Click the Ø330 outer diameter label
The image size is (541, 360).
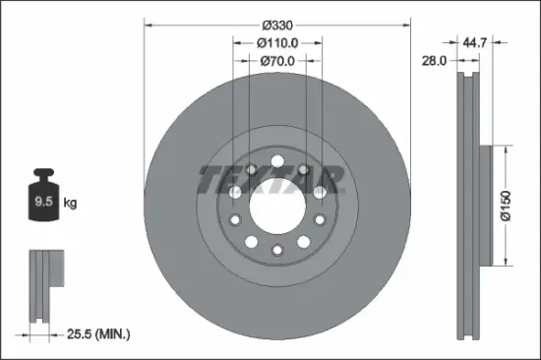coord(276,23)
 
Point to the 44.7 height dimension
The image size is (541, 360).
coord(476,43)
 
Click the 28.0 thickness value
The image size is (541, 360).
coord(436,61)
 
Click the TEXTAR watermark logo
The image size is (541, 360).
coord(271,180)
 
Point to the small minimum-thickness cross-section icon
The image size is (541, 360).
coord(44,285)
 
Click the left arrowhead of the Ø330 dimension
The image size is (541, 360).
coord(148,23)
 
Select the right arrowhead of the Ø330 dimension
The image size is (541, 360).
coord(405,23)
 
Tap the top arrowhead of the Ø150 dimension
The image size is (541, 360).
coord(508,149)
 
